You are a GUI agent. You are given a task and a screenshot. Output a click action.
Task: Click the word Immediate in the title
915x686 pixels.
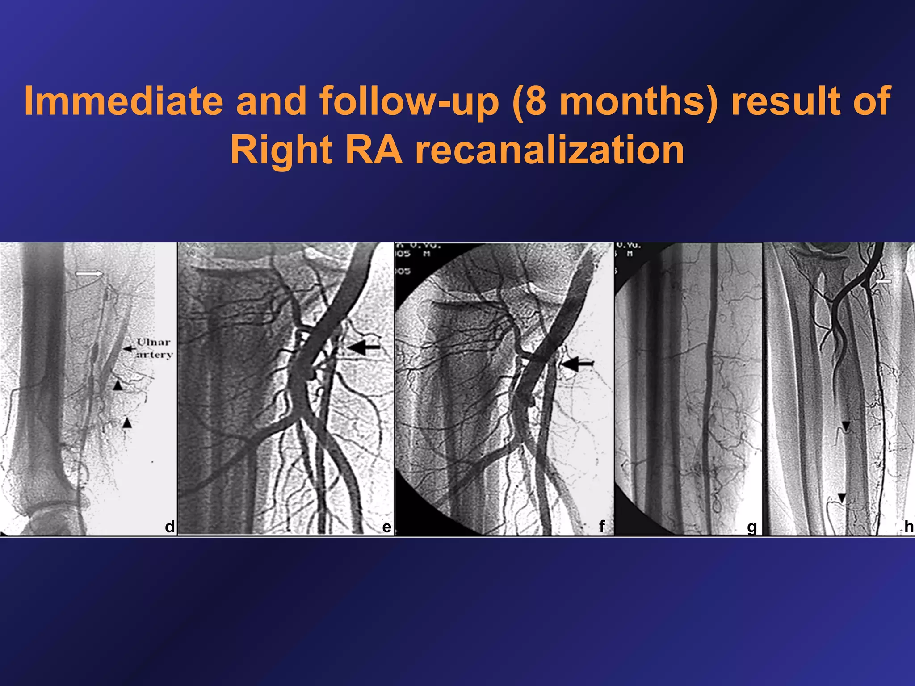pos(123,101)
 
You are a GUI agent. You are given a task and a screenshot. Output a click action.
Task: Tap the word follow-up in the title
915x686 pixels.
pos(408,101)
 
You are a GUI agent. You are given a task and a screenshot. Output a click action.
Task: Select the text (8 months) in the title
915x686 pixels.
pos(615,101)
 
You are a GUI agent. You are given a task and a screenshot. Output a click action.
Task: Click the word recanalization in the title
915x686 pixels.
pos(550,151)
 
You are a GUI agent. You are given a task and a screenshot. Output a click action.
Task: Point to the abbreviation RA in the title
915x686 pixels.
pos(374,151)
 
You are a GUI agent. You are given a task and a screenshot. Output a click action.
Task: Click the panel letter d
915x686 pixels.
pos(169,527)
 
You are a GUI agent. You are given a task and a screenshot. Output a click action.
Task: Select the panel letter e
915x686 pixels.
pos(386,527)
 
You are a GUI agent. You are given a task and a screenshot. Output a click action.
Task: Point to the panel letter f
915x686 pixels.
pos(602,526)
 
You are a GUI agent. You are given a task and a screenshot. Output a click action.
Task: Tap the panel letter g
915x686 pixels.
pos(752,527)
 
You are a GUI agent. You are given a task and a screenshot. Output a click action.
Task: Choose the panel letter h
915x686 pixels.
pos(908,527)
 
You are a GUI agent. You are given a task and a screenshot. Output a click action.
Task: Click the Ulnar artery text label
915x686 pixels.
pos(154,348)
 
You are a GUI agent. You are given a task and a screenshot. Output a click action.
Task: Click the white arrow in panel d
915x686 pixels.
pos(89,273)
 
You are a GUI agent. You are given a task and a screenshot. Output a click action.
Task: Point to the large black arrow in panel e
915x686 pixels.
pos(363,347)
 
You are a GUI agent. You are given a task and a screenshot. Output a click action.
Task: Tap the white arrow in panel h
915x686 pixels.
pos(883,282)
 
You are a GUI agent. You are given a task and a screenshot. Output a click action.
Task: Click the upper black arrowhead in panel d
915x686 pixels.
pos(118,385)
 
